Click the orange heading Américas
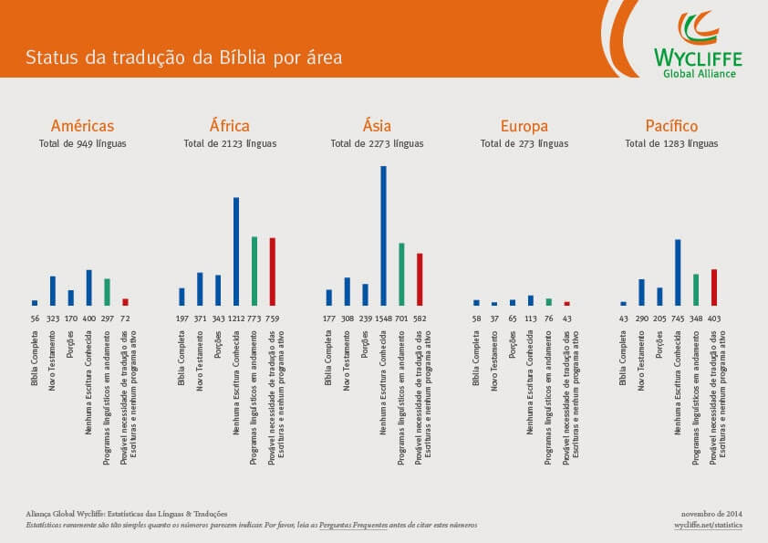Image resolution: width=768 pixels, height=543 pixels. click(82, 126)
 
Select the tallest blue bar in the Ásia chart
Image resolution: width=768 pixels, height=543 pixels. click(383, 235)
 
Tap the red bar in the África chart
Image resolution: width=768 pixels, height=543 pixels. click(272, 271)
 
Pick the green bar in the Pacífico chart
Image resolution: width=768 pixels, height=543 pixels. click(696, 289)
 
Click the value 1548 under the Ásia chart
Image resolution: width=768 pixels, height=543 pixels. click(381, 318)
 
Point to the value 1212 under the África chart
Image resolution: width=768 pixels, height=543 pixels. click(235, 318)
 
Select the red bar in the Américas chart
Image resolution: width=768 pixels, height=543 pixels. click(125, 301)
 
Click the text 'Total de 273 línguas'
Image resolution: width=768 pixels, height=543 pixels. click(524, 144)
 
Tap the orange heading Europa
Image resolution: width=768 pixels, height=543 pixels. click(524, 126)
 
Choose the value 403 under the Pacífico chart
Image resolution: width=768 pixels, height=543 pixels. click(714, 318)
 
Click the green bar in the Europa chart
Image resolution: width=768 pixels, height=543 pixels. click(548, 301)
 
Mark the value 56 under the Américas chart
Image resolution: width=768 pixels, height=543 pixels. click(35, 318)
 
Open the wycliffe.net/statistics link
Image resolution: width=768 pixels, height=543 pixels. click(708, 527)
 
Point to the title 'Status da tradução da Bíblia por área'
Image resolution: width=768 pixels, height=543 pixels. click(183, 58)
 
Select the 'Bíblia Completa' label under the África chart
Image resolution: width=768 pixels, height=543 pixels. click(182, 357)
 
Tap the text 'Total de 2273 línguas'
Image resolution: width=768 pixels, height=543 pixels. click(377, 144)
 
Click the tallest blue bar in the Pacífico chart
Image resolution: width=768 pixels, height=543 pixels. click(678, 272)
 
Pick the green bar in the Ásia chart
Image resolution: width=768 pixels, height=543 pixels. click(401, 274)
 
